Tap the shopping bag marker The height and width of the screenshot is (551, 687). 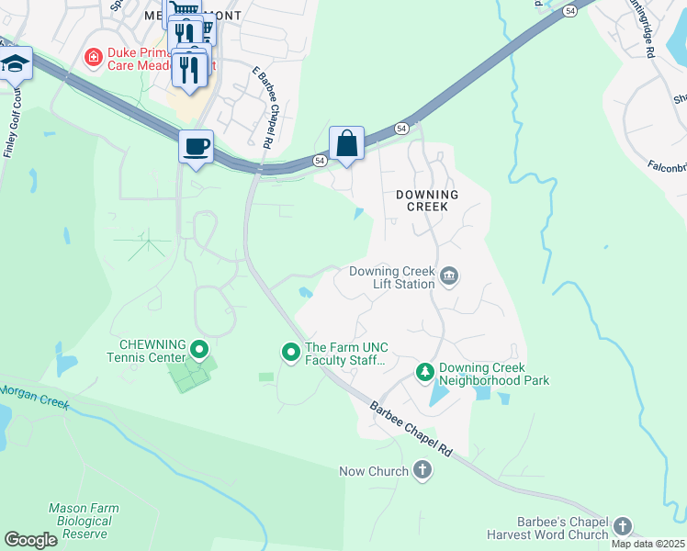[x=346, y=143]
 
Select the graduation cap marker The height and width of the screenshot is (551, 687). [x=16, y=64]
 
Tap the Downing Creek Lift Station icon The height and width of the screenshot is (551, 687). [x=449, y=275]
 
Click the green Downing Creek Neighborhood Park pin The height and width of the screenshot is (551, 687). [x=424, y=372]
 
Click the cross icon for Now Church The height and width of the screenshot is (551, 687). [x=422, y=471]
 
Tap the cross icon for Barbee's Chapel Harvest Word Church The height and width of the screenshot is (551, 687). [x=623, y=526]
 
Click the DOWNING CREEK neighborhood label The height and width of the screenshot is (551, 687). [x=427, y=200]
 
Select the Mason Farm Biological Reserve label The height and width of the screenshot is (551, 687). [x=81, y=520]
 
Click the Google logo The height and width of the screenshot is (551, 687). [x=30, y=540]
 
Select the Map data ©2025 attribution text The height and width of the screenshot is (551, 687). [x=648, y=544]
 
